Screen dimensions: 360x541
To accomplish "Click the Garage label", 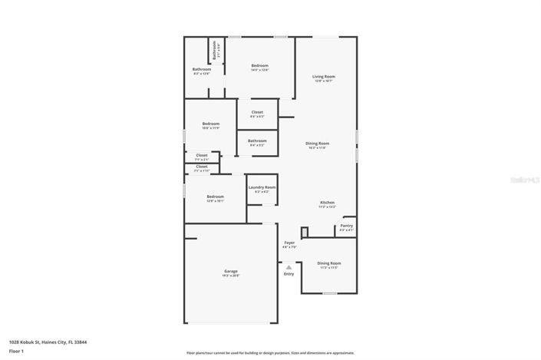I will [x=230, y=271].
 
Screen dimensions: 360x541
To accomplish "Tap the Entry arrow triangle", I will [x=289, y=267].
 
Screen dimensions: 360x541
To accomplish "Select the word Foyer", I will [x=289, y=243].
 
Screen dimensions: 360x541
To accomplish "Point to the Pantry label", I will [x=347, y=226].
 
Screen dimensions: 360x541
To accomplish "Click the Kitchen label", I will [x=328, y=203].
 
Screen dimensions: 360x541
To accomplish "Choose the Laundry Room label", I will [x=262, y=187].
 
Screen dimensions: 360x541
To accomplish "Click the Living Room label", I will [x=323, y=77].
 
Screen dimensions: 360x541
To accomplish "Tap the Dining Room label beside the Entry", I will [x=329, y=263].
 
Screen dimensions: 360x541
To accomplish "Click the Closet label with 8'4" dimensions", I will [x=257, y=112].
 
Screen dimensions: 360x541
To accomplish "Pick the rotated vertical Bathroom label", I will [x=215, y=51].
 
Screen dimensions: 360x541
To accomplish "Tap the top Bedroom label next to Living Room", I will [x=259, y=66].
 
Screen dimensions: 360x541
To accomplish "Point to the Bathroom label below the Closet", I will [x=257, y=140].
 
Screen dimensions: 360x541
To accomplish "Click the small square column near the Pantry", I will [x=304, y=231].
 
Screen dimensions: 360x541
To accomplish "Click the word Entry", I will [x=289, y=274].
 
